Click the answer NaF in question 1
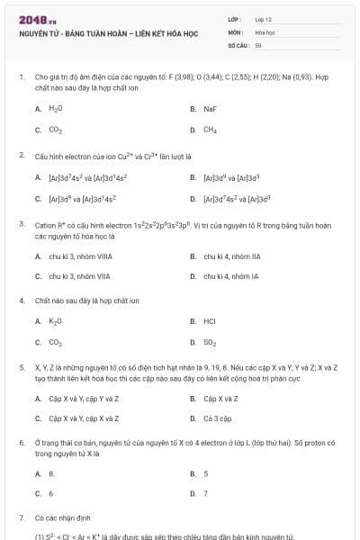[211, 108]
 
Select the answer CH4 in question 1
[211, 130]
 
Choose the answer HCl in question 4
[210, 320]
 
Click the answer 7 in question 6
[206, 493]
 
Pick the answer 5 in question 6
[206, 472]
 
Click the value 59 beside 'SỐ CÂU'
[258, 44]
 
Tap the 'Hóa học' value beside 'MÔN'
[265, 31]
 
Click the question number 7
[21, 518]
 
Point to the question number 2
[21, 156]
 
